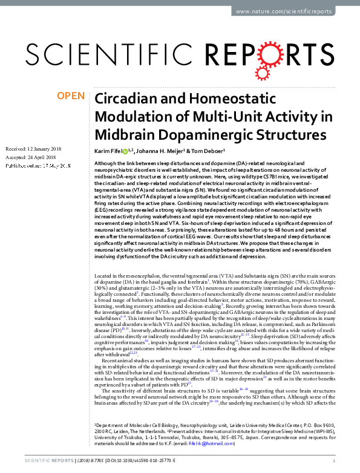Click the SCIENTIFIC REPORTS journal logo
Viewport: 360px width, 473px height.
(179, 53)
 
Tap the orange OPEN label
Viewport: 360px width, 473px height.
(70, 96)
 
